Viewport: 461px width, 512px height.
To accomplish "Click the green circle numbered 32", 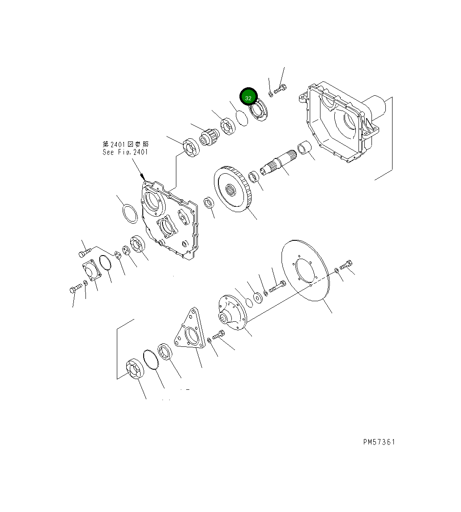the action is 248,97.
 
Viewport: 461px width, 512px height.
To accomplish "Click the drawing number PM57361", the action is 379,442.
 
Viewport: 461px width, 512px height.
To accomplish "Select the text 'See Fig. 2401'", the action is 125,152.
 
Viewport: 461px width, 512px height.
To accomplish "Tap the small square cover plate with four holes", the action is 91,270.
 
